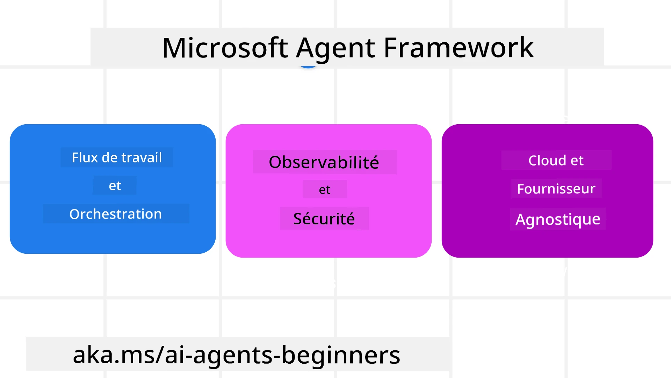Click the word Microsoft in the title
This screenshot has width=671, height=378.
[x=225, y=48]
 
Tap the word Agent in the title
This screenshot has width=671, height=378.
[x=335, y=48]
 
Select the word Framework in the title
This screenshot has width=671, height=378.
[x=459, y=48]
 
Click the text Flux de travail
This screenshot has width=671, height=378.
[x=117, y=157]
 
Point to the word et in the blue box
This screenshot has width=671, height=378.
[x=115, y=185]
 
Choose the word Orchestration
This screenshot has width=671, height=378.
[x=115, y=214]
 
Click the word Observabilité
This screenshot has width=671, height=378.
[x=324, y=162]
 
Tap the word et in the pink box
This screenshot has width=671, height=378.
[x=324, y=190]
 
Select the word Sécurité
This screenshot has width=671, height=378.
[x=324, y=219]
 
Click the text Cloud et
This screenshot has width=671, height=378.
[x=556, y=160]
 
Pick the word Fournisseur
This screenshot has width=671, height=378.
[x=556, y=189]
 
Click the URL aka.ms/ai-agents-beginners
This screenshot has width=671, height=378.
[x=236, y=355]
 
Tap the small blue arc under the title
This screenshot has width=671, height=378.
[x=308, y=66]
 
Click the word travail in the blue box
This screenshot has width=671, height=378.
[x=144, y=157]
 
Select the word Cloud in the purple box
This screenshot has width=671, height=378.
[x=547, y=160]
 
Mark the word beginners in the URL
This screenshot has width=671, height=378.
[x=341, y=355]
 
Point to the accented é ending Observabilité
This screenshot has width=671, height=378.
[x=373, y=162]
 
